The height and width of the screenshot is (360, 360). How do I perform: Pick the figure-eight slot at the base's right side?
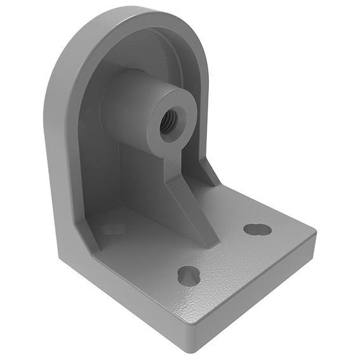tap(257, 229)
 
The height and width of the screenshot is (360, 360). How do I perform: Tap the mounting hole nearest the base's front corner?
tap(189, 275)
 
